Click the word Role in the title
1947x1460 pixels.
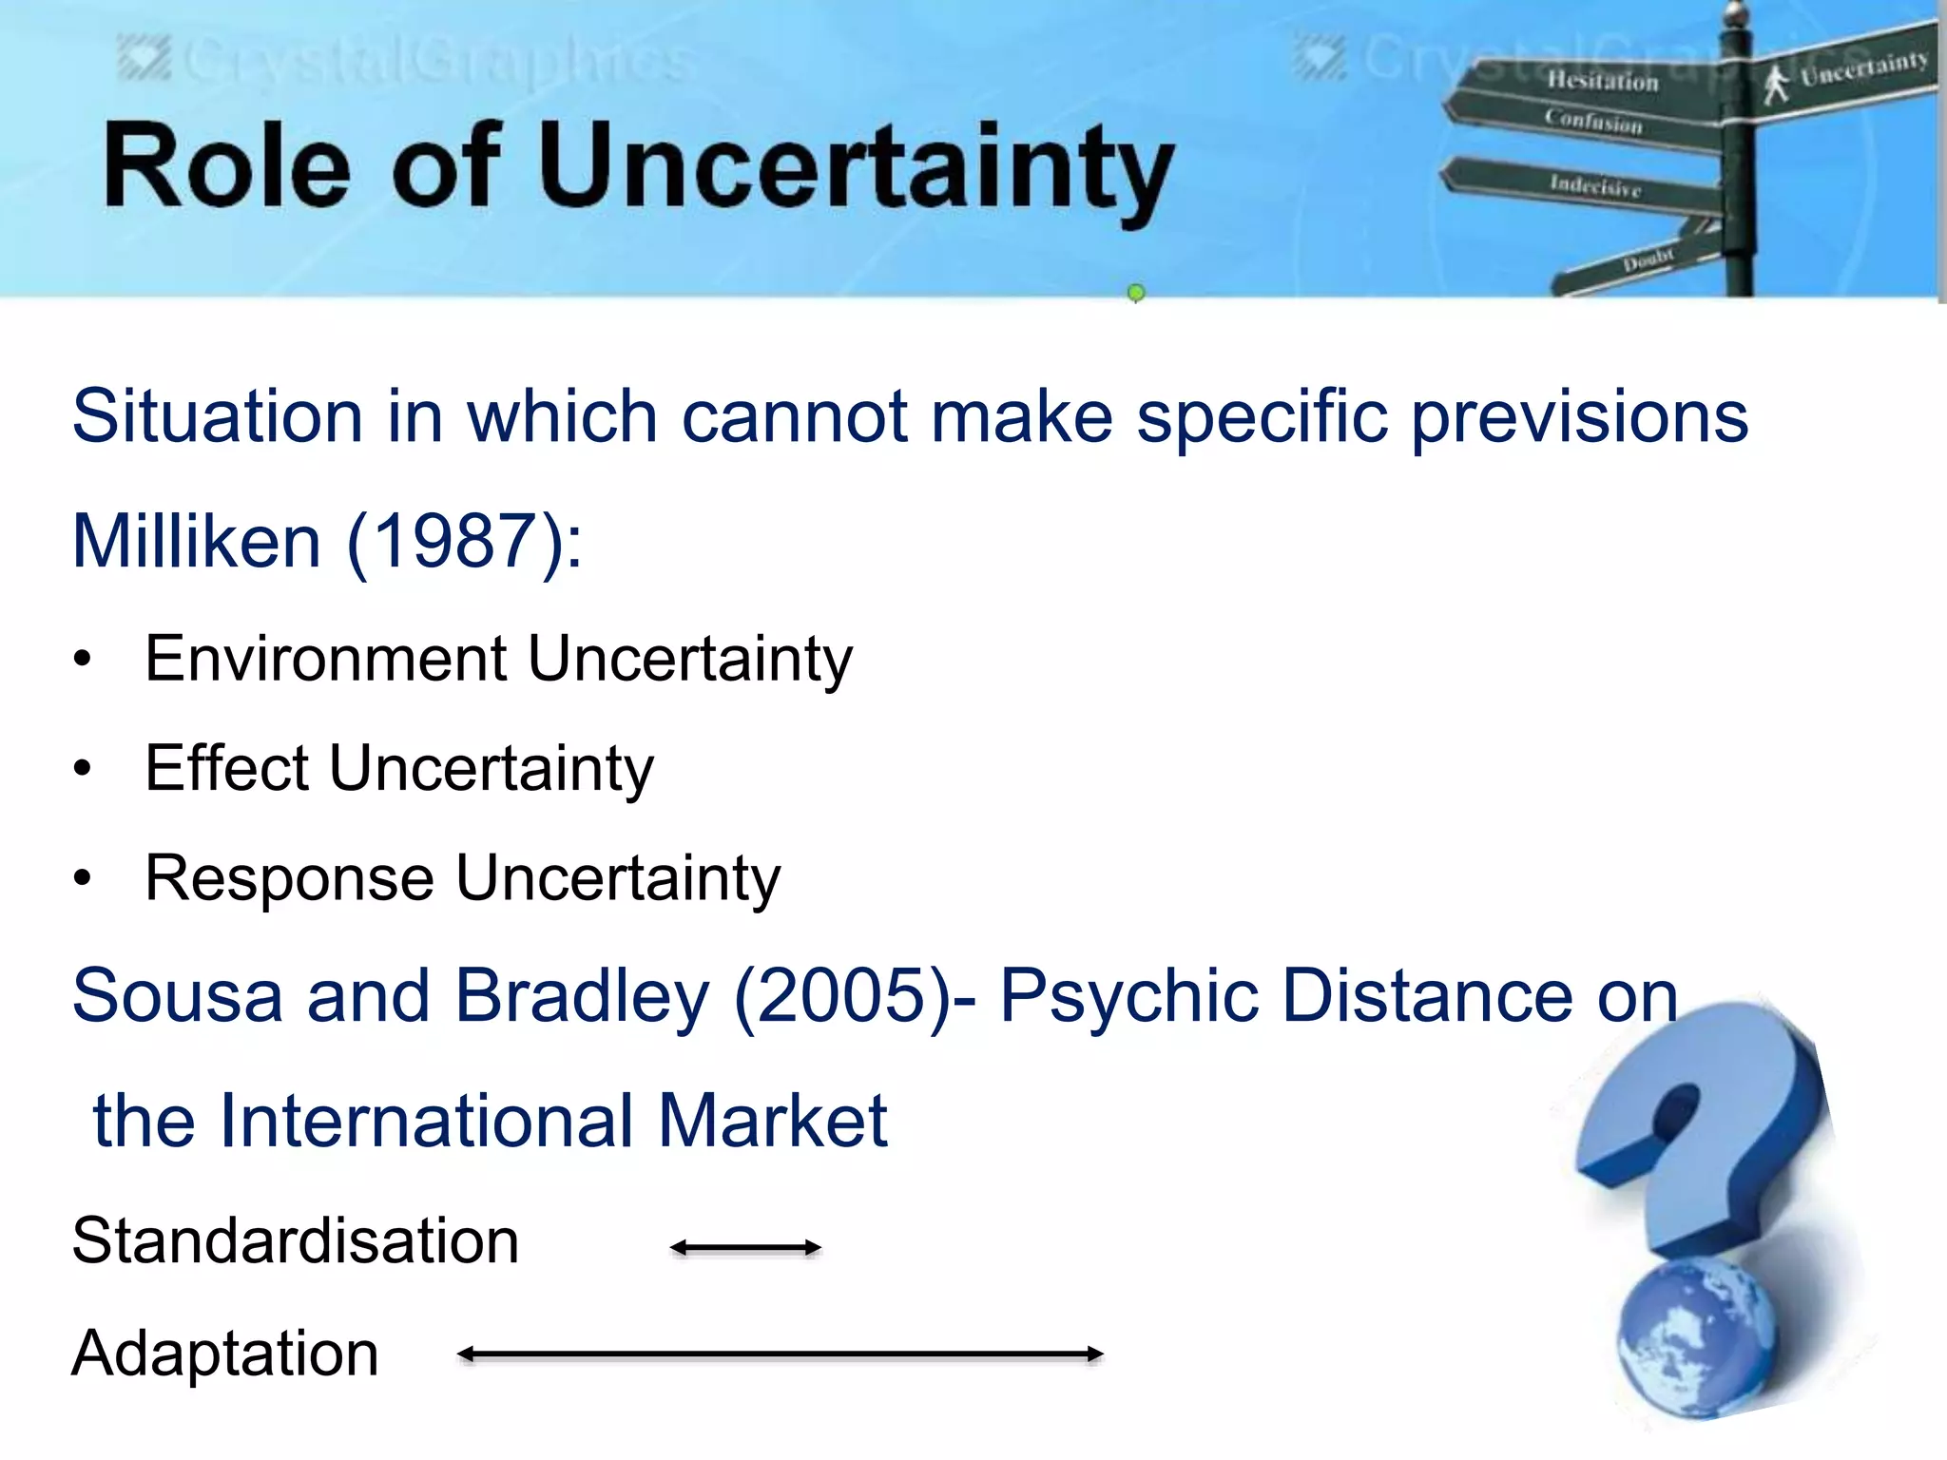click(228, 167)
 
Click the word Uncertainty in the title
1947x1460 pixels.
click(857, 169)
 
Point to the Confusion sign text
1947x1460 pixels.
click(1593, 122)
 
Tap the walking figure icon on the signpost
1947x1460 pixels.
click(1774, 84)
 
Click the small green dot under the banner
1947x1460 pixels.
click(1135, 293)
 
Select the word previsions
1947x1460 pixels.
click(1579, 417)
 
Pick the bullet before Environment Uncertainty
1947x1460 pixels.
click(84, 659)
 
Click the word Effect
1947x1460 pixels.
click(227, 768)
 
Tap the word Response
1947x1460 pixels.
click(289, 878)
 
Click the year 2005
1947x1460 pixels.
click(842, 997)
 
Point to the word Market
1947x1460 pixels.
click(772, 1122)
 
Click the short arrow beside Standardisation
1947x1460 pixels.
click(745, 1247)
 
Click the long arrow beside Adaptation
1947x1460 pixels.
click(780, 1354)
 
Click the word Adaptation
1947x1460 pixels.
click(225, 1354)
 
